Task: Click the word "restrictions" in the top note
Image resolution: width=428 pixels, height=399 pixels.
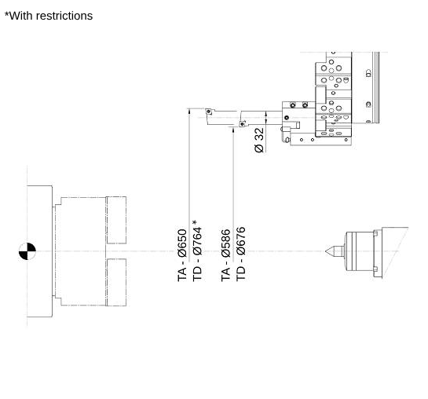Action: pyautogui.click(x=64, y=16)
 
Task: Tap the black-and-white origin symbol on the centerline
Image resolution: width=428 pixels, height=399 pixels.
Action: pyautogui.click(x=27, y=251)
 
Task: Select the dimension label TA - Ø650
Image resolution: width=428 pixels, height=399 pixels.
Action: pyautogui.click(x=182, y=255)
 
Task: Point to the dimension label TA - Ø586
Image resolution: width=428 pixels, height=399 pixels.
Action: pyautogui.click(x=225, y=255)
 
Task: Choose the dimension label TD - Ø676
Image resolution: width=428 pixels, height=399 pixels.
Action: pyautogui.click(x=241, y=254)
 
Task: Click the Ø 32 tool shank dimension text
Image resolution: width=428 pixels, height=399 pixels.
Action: pyautogui.click(x=259, y=141)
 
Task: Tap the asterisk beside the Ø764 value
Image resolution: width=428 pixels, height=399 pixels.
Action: pyautogui.click(x=195, y=222)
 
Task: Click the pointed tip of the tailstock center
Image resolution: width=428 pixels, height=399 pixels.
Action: pyautogui.click(x=326, y=251)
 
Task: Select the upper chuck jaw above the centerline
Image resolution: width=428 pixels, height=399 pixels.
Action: pyautogui.click(x=116, y=220)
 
